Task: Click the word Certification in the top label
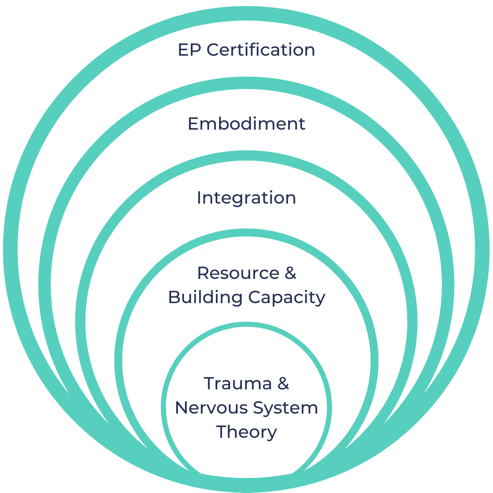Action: pyautogui.click(x=261, y=50)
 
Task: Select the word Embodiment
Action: pyautogui.click(x=246, y=124)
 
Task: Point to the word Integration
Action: pyautogui.click(x=246, y=198)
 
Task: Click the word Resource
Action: pyautogui.click(x=238, y=273)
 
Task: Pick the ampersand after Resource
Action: pyautogui.click(x=291, y=273)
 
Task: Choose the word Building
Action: pyautogui.click(x=205, y=298)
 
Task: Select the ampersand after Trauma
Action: pyautogui.click(x=283, y=383)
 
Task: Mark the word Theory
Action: pyautogui.click(x=246, y=432)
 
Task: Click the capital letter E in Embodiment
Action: pyautogui.click(x=193, y=124)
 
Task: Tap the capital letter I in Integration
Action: pyautogui.click(x=199, y=198)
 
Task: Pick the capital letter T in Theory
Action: pyautogui.click(x=221, y=431)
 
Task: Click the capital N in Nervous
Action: pyautogui.click(x=181, y=408)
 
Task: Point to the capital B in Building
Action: pyautogui.click(x=174, y=297)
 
